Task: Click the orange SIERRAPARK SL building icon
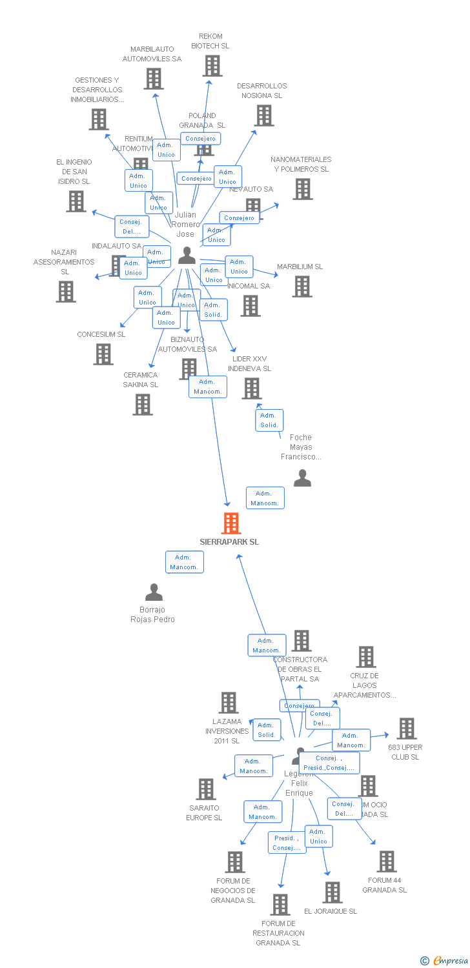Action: (231, 523)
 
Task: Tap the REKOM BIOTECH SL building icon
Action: (212, 65)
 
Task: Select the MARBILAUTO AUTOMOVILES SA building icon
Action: (154, 79)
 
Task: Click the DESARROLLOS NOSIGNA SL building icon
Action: (263, 116)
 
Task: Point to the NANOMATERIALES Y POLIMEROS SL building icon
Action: (302, 189)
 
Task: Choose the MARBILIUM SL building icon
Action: (301, 287)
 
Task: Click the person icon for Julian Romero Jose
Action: (187, 256)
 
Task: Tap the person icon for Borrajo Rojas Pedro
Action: (154, 592)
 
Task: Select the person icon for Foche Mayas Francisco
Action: (302, 478)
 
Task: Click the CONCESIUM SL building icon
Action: (103, 354)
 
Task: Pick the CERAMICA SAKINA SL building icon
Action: (143, 405)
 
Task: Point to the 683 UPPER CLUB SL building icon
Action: (406, 729)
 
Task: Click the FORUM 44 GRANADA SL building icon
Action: (386, 862)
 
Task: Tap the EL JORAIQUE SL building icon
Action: (332, 892)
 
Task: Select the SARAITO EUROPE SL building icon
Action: (206, 789)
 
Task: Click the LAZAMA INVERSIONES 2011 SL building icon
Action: (229, 703)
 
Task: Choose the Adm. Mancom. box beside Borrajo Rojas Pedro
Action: (184, 562)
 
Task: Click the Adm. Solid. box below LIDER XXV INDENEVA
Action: (269, 420)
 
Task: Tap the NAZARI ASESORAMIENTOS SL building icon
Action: (66, 292)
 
